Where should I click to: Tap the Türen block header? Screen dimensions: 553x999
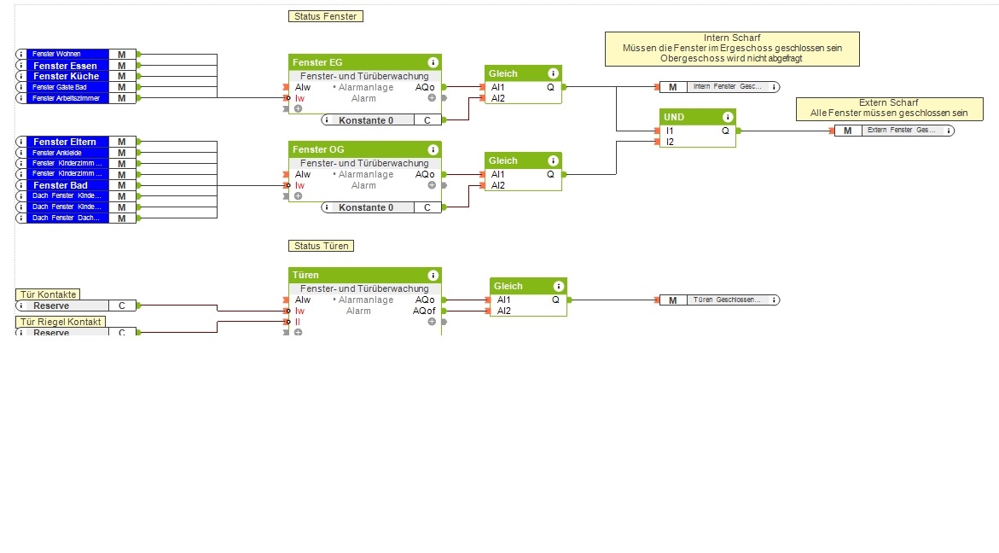[x=305, y=275]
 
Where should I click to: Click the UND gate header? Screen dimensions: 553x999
[x=674, y=117]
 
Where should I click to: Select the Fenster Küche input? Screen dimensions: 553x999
[x=67, y=76]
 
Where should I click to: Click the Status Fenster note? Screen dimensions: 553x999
[x=325, y=16]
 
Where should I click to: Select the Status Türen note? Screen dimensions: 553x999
[x=321, y=246]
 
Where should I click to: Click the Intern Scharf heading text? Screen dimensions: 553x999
[x=732, y=38]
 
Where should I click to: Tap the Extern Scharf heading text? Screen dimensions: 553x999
[x=888, y=102]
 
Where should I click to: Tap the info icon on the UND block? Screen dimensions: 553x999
[x=726, y=117]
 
